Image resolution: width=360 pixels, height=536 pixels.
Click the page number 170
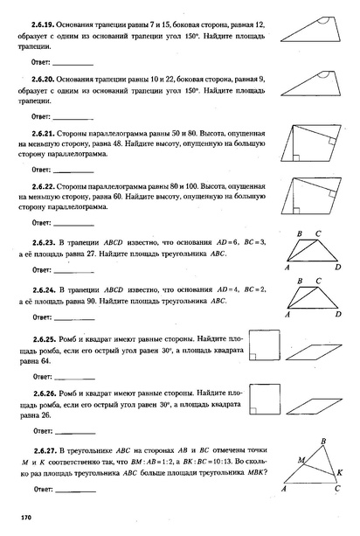tap(26, 519)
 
